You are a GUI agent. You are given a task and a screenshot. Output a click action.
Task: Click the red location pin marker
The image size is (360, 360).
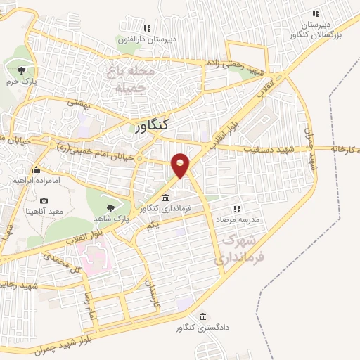[181, 165]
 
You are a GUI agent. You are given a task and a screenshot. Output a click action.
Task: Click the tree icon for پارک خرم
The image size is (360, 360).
[21, 70]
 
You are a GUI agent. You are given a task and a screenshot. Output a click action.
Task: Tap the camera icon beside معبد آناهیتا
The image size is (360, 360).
[44, 201]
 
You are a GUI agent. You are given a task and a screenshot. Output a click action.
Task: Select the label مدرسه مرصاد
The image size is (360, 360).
[242, 219]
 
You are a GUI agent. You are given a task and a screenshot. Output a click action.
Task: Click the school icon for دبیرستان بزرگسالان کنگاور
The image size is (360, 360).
[316, 13]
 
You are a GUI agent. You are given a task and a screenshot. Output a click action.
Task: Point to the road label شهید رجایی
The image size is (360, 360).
[19, 286]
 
